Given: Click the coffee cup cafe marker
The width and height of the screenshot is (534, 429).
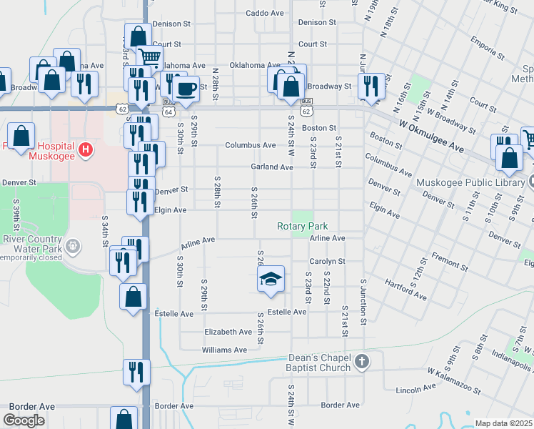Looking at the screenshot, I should pos(186,90).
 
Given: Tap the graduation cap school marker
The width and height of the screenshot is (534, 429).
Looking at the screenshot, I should pos(271,280).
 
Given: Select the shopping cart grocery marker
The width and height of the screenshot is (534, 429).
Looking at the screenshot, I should pos(150,58).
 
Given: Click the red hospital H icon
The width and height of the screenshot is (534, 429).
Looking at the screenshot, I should pos(85,149).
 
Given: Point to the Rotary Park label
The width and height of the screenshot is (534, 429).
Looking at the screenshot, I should pos(303,227).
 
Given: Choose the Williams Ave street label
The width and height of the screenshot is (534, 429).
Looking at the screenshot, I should pos(224,350).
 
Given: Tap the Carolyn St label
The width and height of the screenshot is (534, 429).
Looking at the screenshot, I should pos(327,262).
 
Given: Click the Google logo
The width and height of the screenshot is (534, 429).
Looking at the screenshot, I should pos(24,420).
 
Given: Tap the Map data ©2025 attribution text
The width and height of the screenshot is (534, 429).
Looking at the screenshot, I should pos(504,423).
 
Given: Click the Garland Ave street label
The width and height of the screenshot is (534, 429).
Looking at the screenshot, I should pos(271,167).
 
